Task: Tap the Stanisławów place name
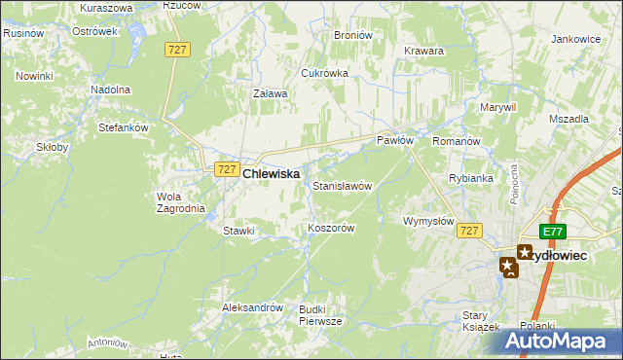coord(342,185)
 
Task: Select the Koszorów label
coord(330,227)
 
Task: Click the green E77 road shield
coord(553,231)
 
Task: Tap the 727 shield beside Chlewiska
coord(225,168)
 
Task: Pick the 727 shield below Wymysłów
coord(469,231)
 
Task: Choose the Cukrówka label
coord(324,73)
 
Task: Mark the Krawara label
coord(423,51)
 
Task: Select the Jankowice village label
coord(575,39)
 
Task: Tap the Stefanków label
coord(123,126)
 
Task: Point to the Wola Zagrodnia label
coord(176,201)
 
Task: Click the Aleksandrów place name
coord(252,306)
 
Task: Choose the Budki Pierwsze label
coord(320,313)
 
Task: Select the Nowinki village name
coord(34,76)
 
